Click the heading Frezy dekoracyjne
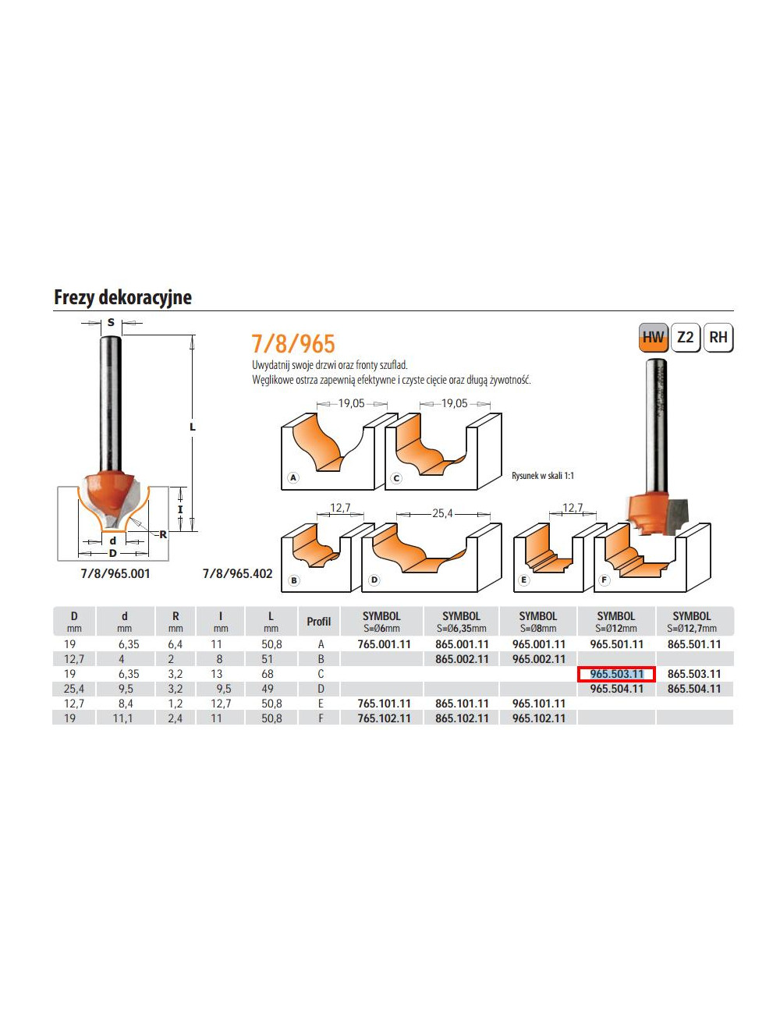click(x=122, y=297)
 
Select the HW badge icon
click(x=653, y=338)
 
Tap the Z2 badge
click(x=686, y=338)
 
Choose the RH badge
click(x=718, y=338)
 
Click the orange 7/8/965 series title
click(x=293, y=344)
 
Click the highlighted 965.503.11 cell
click(x=616, y=674)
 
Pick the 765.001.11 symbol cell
click(x=384, y=644)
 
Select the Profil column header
click(x=318, y=622)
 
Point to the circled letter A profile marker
click(x=293, y=477)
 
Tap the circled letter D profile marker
click(x=374, y=580)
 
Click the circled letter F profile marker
click(x=604, y=580)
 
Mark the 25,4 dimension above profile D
click(x=442, y=513)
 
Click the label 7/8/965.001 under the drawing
click(x=115, y=573)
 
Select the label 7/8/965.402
click(x=237, y=573)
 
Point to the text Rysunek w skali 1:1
click(x=543, y=476)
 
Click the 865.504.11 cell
click(x=694, y=689)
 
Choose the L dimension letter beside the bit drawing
click(x=193, y=427)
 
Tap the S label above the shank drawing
click(x=111, y=322)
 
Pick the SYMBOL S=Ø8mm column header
click(x=538, y=622)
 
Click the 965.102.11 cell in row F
click(x=538, y=718)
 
